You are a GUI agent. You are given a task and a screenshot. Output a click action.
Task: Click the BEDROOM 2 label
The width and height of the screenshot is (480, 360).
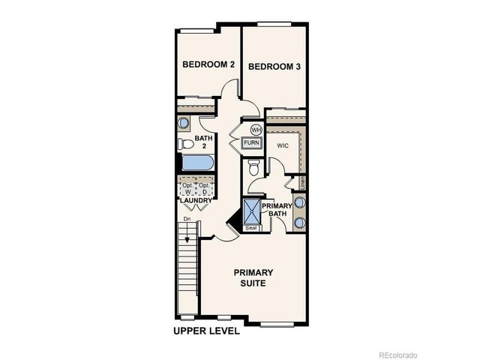click(x=208, y=65)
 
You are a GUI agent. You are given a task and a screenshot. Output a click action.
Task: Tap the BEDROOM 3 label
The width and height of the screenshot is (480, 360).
click(x=274, y=67)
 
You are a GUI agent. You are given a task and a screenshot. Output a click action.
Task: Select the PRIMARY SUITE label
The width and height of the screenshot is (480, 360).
click(x=253, y=277)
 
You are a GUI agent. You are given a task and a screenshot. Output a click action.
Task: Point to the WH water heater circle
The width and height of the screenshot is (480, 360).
click(x=255, y=129)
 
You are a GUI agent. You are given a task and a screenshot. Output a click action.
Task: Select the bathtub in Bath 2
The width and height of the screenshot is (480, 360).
click(x=196, y=163)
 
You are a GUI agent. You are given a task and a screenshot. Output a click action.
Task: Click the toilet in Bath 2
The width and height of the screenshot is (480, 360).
click(x=185, y=142)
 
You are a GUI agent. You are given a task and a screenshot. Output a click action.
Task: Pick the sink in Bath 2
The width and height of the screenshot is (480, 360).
click(x=184, y=123)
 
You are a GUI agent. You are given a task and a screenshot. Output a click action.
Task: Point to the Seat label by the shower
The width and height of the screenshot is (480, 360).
click(x=252, y=228)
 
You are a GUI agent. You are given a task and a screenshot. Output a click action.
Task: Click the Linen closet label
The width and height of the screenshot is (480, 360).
click(x=302, y=182)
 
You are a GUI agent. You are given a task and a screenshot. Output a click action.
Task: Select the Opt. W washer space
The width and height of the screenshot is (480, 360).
click(x=187, y=188)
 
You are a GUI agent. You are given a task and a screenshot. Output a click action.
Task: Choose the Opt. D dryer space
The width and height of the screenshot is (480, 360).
click(x=205, y=188)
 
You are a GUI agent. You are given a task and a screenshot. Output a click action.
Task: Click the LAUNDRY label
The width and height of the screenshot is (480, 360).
click(x=196, y=201)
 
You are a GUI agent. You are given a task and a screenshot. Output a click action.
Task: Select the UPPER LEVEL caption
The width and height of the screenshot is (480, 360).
click(x=206, y=331)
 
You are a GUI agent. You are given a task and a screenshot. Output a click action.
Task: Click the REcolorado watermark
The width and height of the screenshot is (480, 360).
click(x=397, y=354)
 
